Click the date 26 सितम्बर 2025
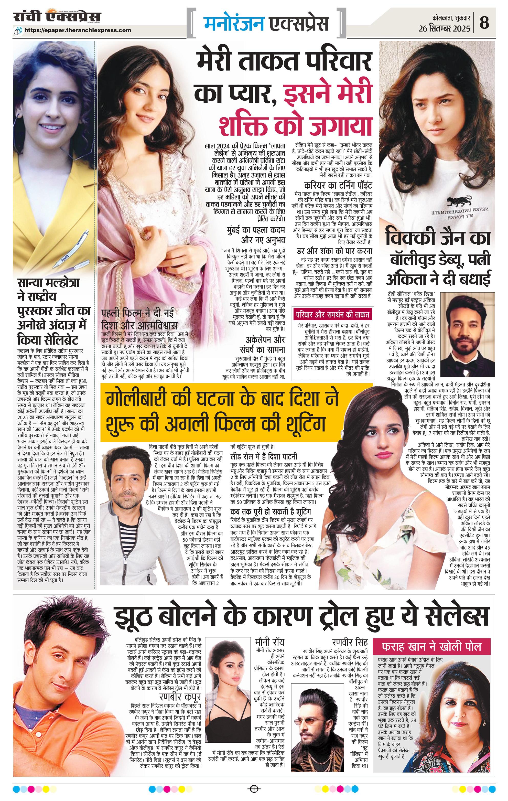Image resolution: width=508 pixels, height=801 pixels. [445, 29]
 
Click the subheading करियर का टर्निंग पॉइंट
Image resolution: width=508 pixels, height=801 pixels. [338, 185]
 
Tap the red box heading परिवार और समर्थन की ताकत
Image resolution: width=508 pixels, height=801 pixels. [332, 314]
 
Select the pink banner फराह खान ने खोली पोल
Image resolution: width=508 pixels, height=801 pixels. [431, 647]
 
